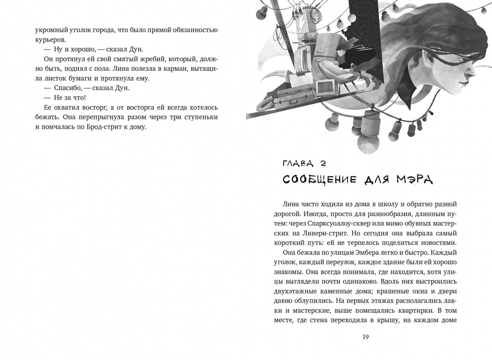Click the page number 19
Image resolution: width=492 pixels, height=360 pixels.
coord(365,337)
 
